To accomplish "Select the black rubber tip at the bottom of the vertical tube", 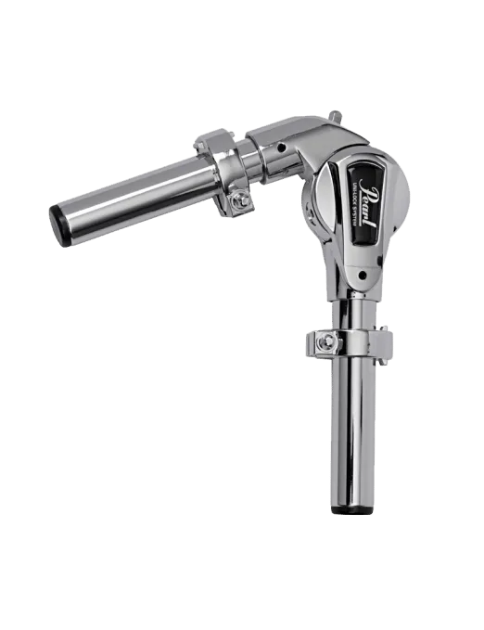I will click(352, 511).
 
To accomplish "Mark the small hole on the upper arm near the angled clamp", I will click(278, 147).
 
